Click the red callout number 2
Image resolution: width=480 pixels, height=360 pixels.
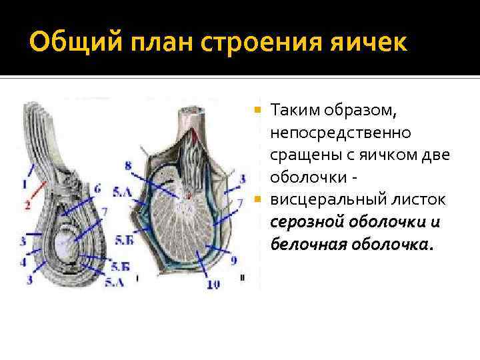[27, 206]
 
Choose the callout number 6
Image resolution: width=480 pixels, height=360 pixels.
[97, 189]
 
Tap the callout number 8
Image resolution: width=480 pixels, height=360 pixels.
[128, 164]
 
